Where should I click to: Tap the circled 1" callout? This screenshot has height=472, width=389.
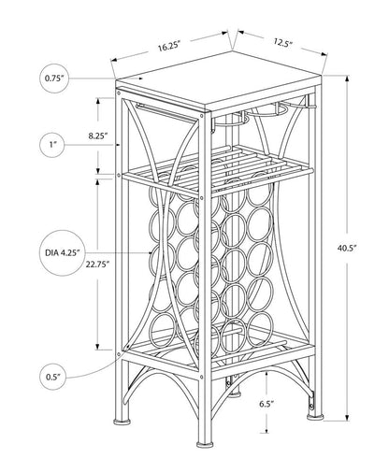point(54,143)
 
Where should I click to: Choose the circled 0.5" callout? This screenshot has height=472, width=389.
point(54,379)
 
